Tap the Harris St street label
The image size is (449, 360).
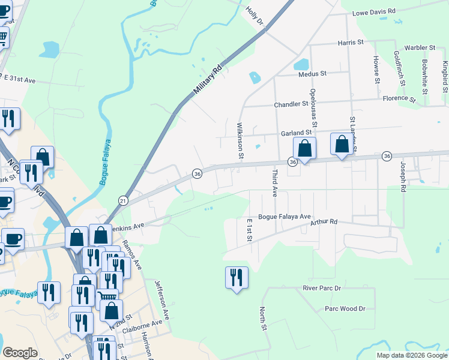click(351, 43)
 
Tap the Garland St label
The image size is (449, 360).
click(294, 133)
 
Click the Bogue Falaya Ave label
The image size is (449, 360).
click(285, 217)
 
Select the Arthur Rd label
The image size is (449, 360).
click(324, 222)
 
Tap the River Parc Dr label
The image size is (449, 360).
click(322, 288)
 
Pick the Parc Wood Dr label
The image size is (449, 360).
click(345, 308)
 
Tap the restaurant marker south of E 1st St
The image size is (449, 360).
click(236, 278)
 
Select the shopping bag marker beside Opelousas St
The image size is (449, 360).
click(304, 148)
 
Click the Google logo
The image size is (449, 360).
click(20, 353)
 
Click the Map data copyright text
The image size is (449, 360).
click(412, 355)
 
